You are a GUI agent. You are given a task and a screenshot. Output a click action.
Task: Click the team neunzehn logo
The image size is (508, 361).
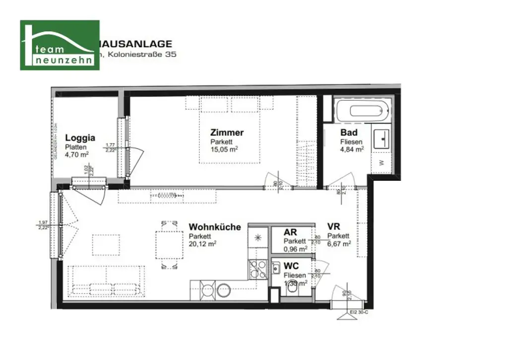coord(60,45)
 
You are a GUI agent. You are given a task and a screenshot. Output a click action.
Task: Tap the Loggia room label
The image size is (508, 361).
coord(80,139)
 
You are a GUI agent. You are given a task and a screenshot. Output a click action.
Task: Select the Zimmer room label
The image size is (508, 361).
coord(227,133)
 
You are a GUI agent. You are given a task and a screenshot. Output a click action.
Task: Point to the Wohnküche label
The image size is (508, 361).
coord(214,227)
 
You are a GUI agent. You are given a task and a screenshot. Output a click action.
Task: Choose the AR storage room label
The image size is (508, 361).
coord(290,232)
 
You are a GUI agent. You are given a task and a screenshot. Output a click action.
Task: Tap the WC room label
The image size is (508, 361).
coord(291,266)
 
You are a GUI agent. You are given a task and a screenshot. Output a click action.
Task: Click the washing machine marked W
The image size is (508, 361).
coord(381,162)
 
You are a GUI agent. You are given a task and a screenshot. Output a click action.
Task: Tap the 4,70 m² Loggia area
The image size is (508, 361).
coord(77,154)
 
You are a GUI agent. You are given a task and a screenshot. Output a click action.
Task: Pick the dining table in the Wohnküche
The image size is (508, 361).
coord(169,244)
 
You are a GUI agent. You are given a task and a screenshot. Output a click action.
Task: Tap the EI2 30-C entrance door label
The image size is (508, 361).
coord(359,312)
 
